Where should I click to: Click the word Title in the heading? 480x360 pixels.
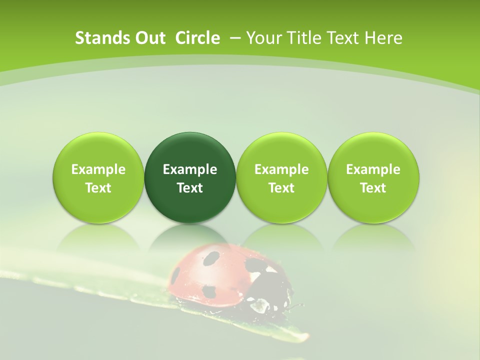click(x=302, y=38)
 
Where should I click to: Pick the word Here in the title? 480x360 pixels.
click(x=383, y=38)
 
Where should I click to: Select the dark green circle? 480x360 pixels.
click(x=190, y=178)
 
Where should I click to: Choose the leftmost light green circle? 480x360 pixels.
click(x=98, y=178)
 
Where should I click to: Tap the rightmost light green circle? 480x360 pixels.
click(x=373, y=178)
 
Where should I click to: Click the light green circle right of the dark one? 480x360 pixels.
click(x=281, y=178)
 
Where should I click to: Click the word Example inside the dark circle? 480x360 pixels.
click(x=190, y=169)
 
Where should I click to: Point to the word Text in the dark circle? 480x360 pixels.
click(x=190, y=188)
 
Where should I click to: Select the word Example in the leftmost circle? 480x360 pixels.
click(x=98, y=169)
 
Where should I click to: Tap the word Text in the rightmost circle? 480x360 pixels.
click(x=373, y=188)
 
